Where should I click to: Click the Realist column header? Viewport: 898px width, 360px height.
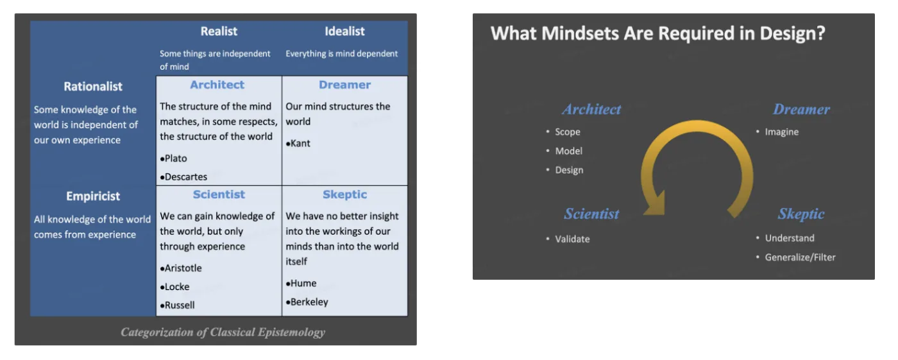219,31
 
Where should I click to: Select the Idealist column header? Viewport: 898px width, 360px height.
344,31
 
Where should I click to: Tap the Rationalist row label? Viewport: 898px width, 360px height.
93,87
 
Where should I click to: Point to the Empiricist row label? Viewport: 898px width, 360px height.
93,196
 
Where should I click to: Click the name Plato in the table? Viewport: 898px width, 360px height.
176,159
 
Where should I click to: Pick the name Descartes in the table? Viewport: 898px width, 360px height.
185,177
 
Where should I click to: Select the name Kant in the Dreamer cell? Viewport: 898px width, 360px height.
300,143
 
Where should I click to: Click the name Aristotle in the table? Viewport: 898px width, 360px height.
183,268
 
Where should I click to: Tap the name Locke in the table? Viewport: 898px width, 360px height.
177,287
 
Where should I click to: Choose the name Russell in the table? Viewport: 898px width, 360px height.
180,305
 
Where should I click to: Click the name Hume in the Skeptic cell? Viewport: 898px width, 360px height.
303,283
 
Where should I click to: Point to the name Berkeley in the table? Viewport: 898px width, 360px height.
309,302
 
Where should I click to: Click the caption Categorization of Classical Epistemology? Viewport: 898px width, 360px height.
223,332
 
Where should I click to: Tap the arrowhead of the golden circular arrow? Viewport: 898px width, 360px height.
655,203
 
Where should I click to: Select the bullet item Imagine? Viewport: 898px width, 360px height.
781,132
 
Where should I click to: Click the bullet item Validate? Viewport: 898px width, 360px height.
572,239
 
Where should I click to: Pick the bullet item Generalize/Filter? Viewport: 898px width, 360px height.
800,257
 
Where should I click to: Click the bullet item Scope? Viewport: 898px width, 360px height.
567,132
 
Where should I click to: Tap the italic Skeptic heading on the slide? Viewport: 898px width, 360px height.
801,214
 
